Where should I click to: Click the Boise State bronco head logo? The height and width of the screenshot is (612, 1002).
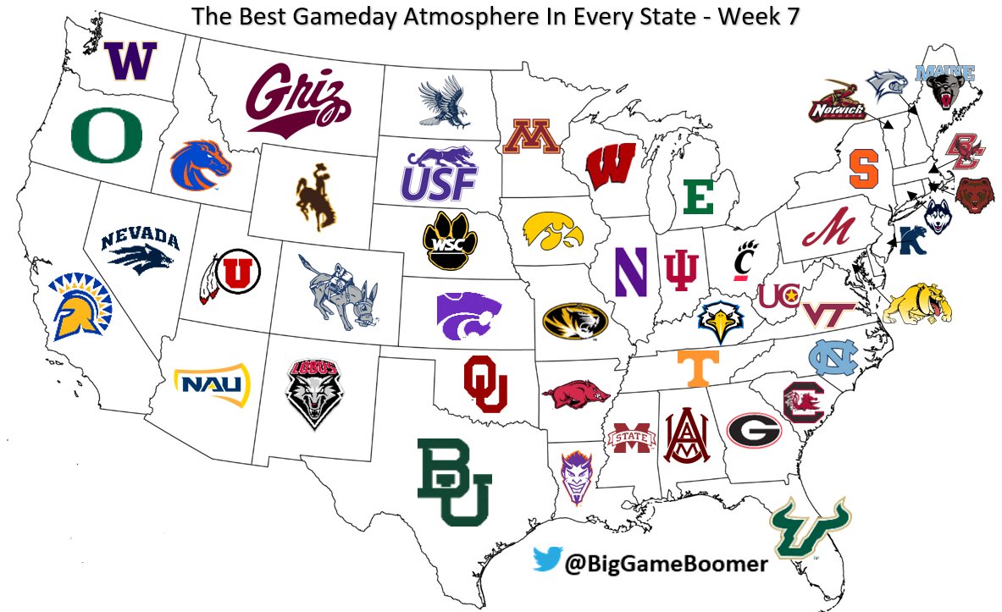click(x=200, y=165)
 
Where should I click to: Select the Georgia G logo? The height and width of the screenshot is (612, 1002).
click(x=753, y=429)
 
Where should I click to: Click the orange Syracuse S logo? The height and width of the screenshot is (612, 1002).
click(x=863, y=168)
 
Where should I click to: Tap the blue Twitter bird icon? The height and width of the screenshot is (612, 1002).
click(x=548, y=560)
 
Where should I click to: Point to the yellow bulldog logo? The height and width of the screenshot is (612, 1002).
click(x=919, y=303)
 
